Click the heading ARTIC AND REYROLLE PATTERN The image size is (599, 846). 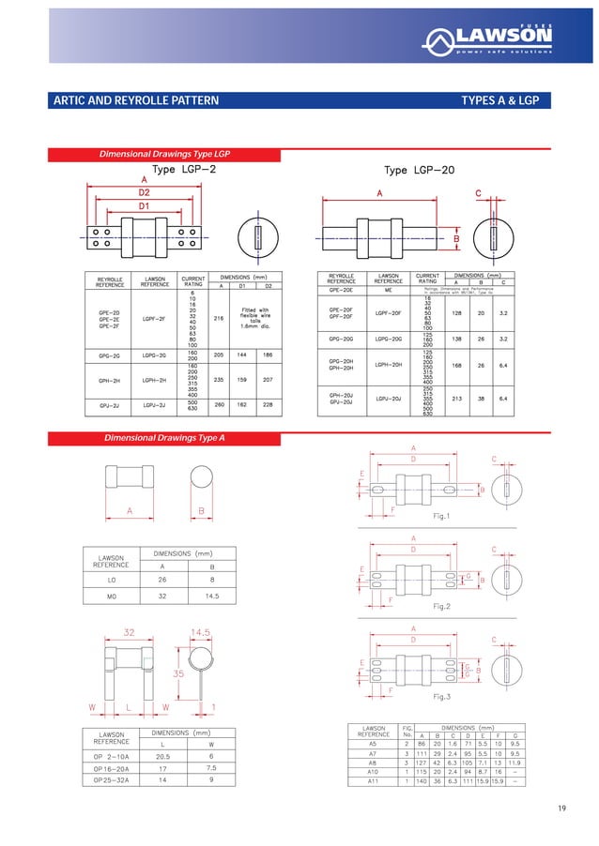(x=135, y=100)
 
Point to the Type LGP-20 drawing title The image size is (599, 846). (x=421, y=170)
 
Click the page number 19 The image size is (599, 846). (x=562, y=808)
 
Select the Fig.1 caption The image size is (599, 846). (x=441, y=516)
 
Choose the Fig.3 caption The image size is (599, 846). (x=441, y=697)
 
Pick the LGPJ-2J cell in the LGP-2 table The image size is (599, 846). (x=155, y=405)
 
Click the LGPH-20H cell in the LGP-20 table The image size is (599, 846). (x=389, y=366)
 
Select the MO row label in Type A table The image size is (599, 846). (x=112, y=595)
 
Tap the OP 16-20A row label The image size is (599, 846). (x=114, y=766)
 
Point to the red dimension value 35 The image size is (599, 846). (x=177, y=672)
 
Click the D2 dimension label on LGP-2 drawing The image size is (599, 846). (x=144, y=191)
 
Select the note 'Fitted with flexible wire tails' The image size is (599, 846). (x=254, y=317)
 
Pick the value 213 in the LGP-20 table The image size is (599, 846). (x=456, y=398)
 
